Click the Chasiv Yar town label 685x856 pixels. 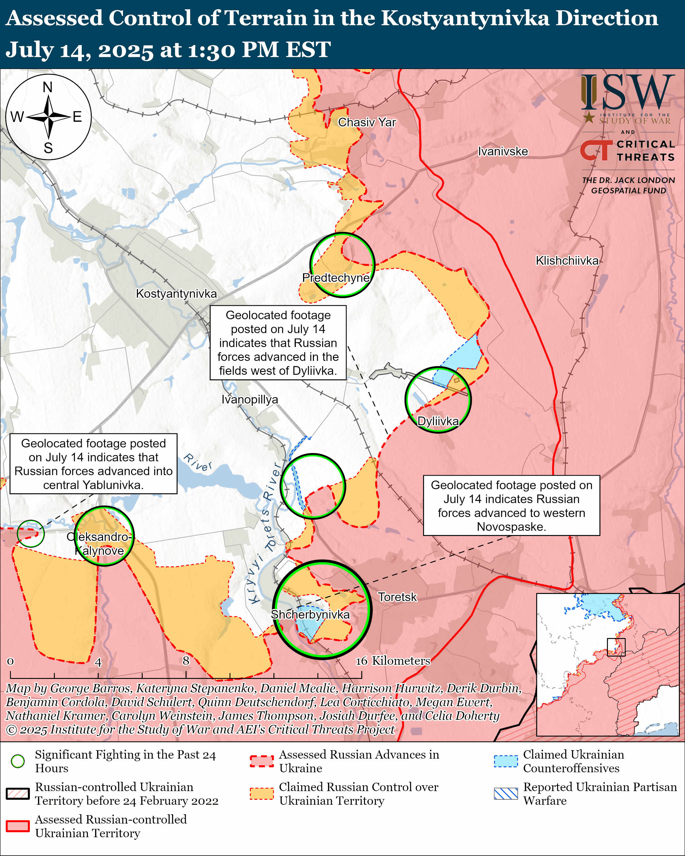367,122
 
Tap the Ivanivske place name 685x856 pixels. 503,151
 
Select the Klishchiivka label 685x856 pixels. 567,261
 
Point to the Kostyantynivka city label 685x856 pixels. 176,294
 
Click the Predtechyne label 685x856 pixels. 336,278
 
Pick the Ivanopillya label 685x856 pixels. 250,399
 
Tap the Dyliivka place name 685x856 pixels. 438,421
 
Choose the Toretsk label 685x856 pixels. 397,597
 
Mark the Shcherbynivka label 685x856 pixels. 310,615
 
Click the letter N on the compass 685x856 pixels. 48,87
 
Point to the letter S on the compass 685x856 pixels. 48,148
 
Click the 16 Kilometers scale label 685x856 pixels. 393,661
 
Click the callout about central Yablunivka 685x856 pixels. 93,464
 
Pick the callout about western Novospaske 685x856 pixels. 512,506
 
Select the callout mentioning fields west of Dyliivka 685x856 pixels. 278,343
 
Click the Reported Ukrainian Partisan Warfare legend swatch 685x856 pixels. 506,794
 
